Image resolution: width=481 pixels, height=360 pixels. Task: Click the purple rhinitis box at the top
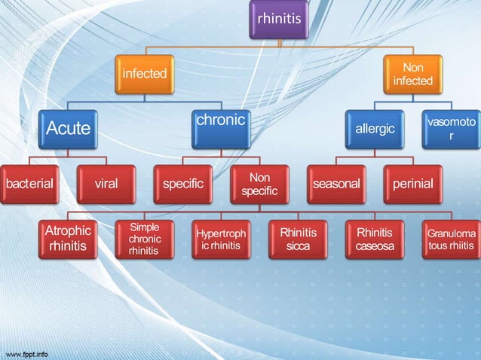[280, 19]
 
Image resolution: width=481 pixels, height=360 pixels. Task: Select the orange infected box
[145, 74]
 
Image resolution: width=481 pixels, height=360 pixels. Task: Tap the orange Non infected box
[413, 74]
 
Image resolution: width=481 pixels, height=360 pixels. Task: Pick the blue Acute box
[69, 129]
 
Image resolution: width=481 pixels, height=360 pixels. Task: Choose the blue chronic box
[221, 129]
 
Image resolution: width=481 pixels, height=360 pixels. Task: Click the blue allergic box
[375, 129]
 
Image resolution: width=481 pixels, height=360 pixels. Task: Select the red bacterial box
[29, 184]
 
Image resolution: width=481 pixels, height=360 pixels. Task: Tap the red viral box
[106, 184]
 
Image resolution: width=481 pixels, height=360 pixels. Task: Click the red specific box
[183, 184]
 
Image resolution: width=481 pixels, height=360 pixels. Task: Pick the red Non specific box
[259, 184]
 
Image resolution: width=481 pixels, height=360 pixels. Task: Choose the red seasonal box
[336, 184]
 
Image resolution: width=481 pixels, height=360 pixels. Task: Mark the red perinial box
[413, 184]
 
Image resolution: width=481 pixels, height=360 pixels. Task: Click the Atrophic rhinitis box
[68, 239]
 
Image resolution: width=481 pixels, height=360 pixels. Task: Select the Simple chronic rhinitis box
[145, 239]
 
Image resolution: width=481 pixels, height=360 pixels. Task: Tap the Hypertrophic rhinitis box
[221, 239]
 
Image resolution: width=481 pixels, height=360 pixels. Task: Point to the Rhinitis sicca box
[298, 239]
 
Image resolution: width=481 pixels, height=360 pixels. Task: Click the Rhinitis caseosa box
[375, 239]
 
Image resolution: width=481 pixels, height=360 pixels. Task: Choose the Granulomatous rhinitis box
[451, 239]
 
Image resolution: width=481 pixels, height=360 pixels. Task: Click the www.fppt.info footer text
[26, 353]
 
